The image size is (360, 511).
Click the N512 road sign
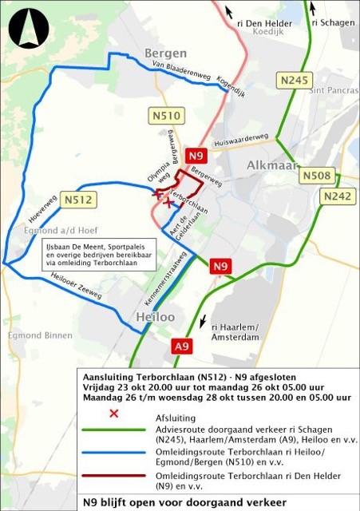click(x=78, y=200)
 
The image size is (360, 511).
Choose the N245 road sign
click(x=293, y=80)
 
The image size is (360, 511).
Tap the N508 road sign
click(x=317, y=175)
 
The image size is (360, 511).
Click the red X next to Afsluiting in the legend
click(x=113, y=413)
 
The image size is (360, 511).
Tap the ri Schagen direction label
click(x=333, y=22)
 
